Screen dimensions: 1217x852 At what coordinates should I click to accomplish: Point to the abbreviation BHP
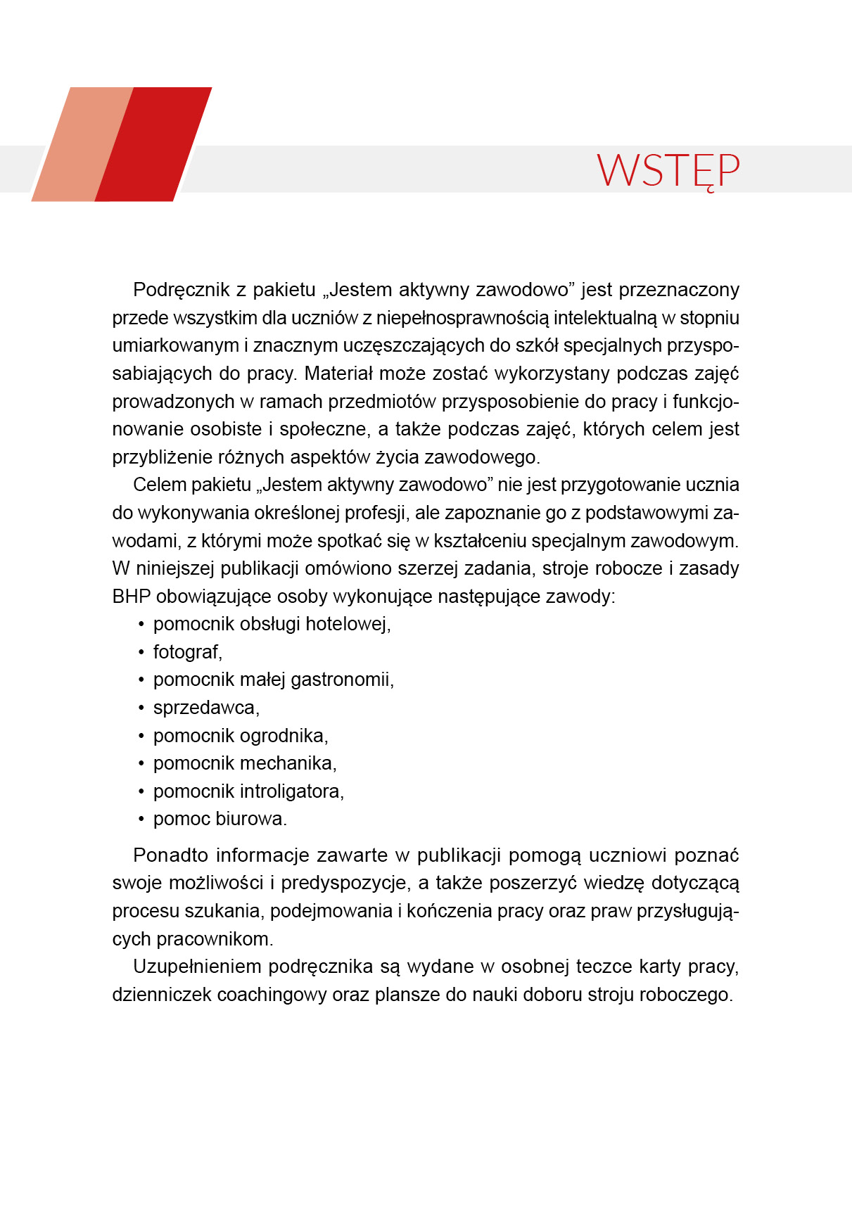131,597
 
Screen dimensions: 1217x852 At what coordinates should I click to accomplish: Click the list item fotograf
187,652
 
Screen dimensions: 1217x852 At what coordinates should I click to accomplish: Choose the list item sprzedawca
206,708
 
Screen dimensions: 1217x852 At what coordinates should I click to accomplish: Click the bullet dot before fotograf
141,653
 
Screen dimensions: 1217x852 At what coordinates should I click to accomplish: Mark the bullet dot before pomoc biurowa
141,820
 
